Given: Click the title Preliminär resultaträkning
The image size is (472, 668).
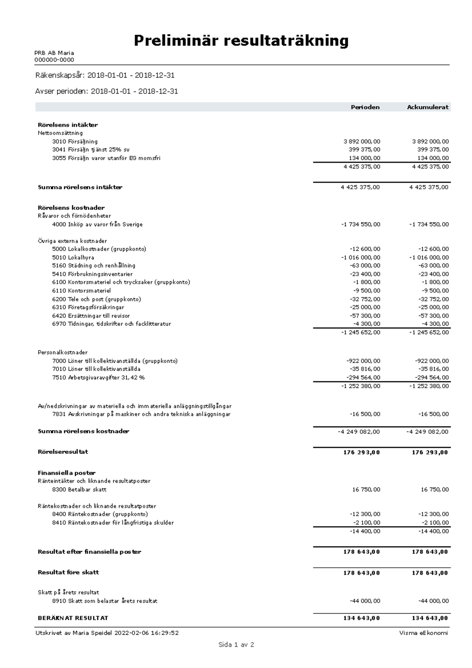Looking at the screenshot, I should tap(241, 41).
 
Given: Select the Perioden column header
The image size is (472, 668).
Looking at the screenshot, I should tap(365, 107).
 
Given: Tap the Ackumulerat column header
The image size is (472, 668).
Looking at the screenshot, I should tap(428, 107).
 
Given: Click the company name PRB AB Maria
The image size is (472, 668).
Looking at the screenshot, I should tap(54, 53).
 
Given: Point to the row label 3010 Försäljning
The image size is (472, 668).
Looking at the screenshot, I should tap(75, 141).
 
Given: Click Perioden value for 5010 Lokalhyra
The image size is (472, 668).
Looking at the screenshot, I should tap(361, 257).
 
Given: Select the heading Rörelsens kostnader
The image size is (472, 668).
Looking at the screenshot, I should tap(71, 207).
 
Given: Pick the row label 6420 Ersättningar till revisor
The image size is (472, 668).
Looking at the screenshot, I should tap(91, 316).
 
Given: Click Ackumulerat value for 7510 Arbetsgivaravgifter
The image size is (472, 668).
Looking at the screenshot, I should tap(431, 377).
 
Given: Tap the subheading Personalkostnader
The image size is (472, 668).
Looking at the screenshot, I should tap(63, 352).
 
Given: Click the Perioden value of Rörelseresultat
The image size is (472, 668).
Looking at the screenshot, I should tap(361, 452).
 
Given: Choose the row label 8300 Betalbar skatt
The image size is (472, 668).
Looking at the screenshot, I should tap(79, 489).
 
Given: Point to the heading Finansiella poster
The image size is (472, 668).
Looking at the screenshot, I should tap(66, 472).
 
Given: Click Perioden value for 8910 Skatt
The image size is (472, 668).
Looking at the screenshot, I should tap(365, 601).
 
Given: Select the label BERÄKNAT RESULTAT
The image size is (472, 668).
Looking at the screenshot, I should tap(73, 618).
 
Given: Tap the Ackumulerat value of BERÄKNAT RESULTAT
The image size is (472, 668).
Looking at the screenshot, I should tap(430, 618).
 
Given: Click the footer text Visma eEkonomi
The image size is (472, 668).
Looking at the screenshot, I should tap(423, 633).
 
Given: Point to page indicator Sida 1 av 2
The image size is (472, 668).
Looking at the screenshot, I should tap(236, 644).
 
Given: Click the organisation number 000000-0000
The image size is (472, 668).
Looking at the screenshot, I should tap(54, 60).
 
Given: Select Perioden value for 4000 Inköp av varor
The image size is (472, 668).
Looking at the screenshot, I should tap(360, 224).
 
